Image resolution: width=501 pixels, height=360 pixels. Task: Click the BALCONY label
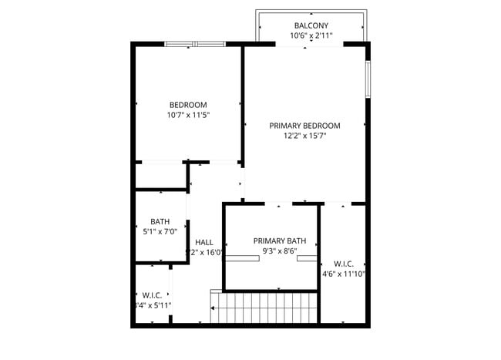tap(311, 25)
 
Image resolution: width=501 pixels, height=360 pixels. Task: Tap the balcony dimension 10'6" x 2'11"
tap(311, 35)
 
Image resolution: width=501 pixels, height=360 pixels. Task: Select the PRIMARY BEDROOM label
tap(304, 125)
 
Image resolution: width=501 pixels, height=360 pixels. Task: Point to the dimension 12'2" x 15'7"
tap(304, 136)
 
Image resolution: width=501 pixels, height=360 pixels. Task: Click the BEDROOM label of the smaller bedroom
tap(188, 105)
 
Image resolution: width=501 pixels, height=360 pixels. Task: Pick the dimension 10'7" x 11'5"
tap(188, 115)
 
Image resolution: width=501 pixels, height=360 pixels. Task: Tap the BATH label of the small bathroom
tap(160, 220)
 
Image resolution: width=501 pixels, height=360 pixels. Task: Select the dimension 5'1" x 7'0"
tap(160, 230)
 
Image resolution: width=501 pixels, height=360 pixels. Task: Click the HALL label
tap(204, 242)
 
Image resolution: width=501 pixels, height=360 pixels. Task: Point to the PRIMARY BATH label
tap(280, 241)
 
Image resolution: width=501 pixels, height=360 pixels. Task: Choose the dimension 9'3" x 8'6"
tap(280, 251)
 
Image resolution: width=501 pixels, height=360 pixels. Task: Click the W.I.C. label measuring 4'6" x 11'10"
tap(344, 263)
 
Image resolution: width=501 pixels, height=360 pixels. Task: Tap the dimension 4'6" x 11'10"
tap(344, 273)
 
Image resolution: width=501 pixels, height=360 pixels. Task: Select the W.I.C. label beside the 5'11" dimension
tap(152, 294)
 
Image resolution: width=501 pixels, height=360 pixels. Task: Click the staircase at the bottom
tap(264, 308)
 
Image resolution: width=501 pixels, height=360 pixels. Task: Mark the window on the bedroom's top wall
tap(195, 44)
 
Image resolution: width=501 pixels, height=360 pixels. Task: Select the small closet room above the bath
tap(160, 177)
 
